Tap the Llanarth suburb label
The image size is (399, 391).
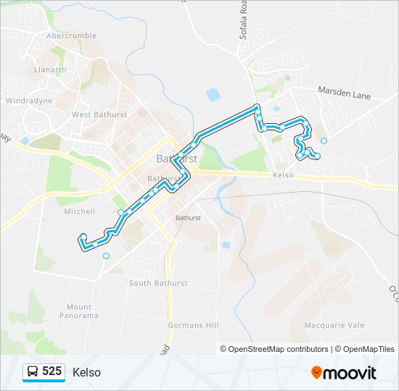point(50,70)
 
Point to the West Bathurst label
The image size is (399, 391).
point(99,114)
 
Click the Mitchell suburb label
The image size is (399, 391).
point(79,211)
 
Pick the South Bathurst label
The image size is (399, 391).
point(157,282)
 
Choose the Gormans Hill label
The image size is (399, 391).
point(193,325)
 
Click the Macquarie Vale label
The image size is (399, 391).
point(334,325)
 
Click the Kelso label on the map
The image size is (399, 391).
point(283,175)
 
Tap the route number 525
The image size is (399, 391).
point(52,371)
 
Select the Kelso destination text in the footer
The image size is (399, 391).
point(86,372)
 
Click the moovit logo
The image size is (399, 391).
point(344,372)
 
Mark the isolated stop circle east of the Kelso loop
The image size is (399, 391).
point(324,140)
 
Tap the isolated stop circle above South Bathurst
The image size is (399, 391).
point(107,256)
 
